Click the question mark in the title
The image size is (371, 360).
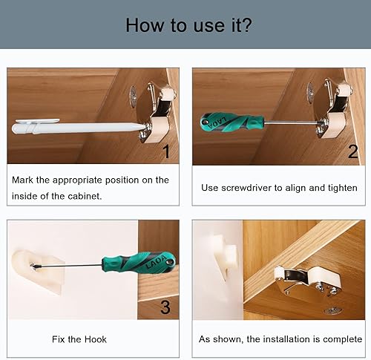pos(246,24)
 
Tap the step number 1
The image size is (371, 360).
pos(167,151)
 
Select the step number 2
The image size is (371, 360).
pos(352,151)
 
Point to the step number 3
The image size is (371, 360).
pos(165,307)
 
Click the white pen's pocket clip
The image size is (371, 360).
pos(37,121)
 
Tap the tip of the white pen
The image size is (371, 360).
pos(144,126)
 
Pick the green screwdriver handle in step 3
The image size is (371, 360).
pos(139,262)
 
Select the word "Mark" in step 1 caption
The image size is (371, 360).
pos(22,180)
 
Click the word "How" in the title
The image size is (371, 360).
pos(144,25)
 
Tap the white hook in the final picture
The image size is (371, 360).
pos(225,258)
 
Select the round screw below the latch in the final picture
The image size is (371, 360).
pos(333,310)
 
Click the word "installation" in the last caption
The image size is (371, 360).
pos(292,339)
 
